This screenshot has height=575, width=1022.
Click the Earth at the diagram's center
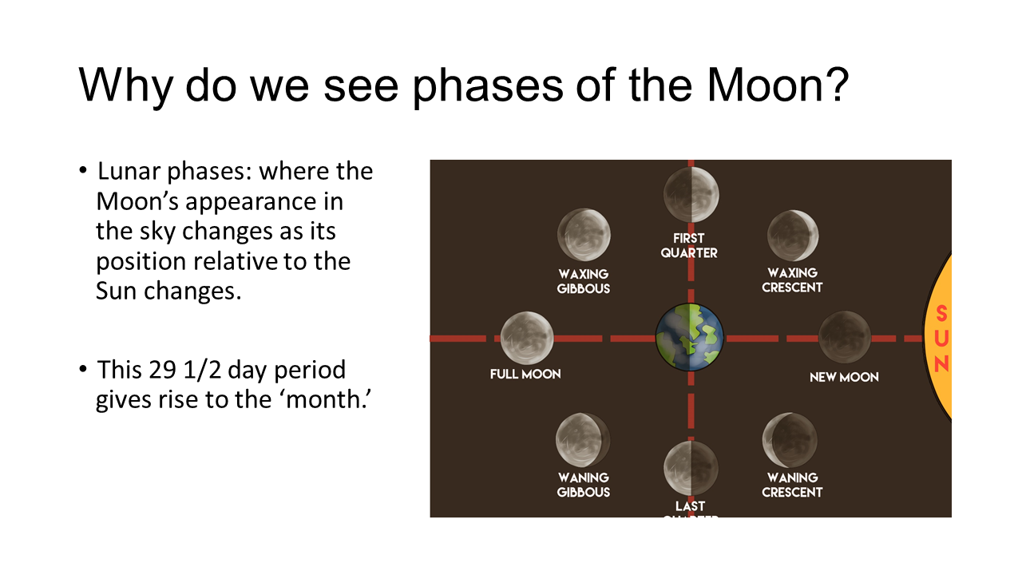tap(689, 337)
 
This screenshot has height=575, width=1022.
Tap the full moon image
tap(527, 338)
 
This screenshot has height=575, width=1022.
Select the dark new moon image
tap(845, 337)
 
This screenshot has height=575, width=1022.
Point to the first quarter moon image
tap(691, 194)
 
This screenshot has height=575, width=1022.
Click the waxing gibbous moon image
tap(584, 235)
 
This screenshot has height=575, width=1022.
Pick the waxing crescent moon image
tap(793, 236)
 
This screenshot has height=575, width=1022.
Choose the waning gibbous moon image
tap(583, 440)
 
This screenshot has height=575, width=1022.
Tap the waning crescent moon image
tap(790, 440)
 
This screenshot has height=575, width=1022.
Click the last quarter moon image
tap(691, 468)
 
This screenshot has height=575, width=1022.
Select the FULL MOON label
tap(525, 375)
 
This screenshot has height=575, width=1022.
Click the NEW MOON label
tap(844, 377)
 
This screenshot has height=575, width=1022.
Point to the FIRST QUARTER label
tap(689, 245)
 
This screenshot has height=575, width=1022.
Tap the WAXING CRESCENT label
tap(793, 280)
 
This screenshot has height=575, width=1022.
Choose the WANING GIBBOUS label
tap(584, 485)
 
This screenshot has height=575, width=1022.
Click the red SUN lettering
tap(941, 339)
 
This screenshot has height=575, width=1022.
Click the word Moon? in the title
tap(778, 85)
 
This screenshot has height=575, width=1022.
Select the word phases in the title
tap(487, 87)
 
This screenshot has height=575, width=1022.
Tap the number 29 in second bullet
tap(162, 370)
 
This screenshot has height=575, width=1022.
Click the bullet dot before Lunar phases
tap(82, 170)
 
